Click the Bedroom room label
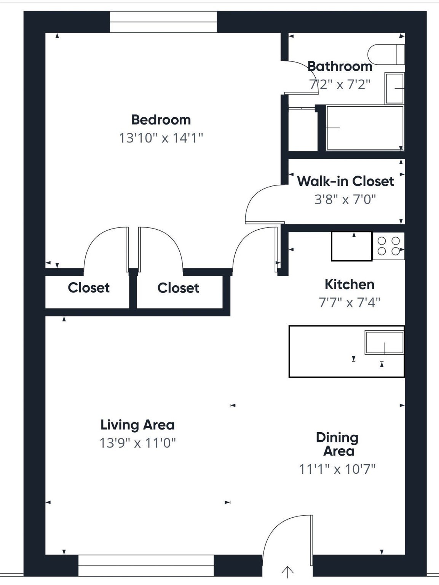pyautogui.click(x=161, y=120)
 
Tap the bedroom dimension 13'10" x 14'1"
pyautogui.click(x=161, y=138)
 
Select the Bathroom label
pyautogui.click(x=340, y=66)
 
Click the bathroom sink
pyautogui.click(x=394, y=88)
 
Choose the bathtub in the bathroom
pyautogui.click(x=364, y=128)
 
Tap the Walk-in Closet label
pyautogui.click(x=345, y=181)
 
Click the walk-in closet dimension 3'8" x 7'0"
pyautogui.click(x=345, y=199)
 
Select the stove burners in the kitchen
pyautogui.click(x=388, y=246)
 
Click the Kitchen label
pyautogui.click(x=349, y=285)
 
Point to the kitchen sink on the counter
pyautogui.click(x=384, y=343)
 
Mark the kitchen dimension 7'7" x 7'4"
pyautogui.click(x=349, y=303)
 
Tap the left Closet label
pyautogui.click(x=88, y=288)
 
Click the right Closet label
pyautogui.click(x=178, y=288)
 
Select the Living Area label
pyautogui.click(x=137, y=425)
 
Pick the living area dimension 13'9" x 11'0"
pyautogui.click(x=137, y=443)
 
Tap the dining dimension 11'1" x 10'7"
pyautogui.click(x=337, y=469)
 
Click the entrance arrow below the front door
pyautogui.click(x=287, y=572)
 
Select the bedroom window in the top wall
pyautogui.click(x=163, y=22)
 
